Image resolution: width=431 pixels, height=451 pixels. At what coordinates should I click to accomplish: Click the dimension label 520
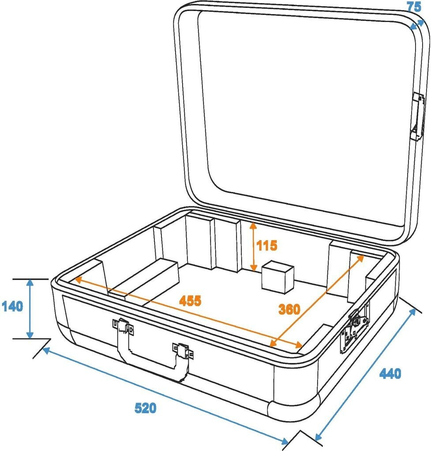145,408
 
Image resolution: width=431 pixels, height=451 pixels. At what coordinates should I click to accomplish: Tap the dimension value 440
390,373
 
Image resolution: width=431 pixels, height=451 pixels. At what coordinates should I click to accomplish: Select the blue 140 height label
12,307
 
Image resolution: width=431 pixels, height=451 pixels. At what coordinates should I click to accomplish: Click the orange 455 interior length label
190,301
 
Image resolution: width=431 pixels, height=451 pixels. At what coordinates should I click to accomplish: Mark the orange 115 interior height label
267,245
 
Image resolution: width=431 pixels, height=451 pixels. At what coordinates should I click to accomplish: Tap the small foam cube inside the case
277,278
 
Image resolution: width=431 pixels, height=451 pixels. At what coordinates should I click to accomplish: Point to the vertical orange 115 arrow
253,247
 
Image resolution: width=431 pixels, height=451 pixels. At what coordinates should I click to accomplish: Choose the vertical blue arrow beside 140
30,309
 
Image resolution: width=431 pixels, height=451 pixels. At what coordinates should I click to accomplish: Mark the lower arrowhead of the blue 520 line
285,440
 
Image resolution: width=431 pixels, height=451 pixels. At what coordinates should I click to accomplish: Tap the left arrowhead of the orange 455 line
78,279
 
